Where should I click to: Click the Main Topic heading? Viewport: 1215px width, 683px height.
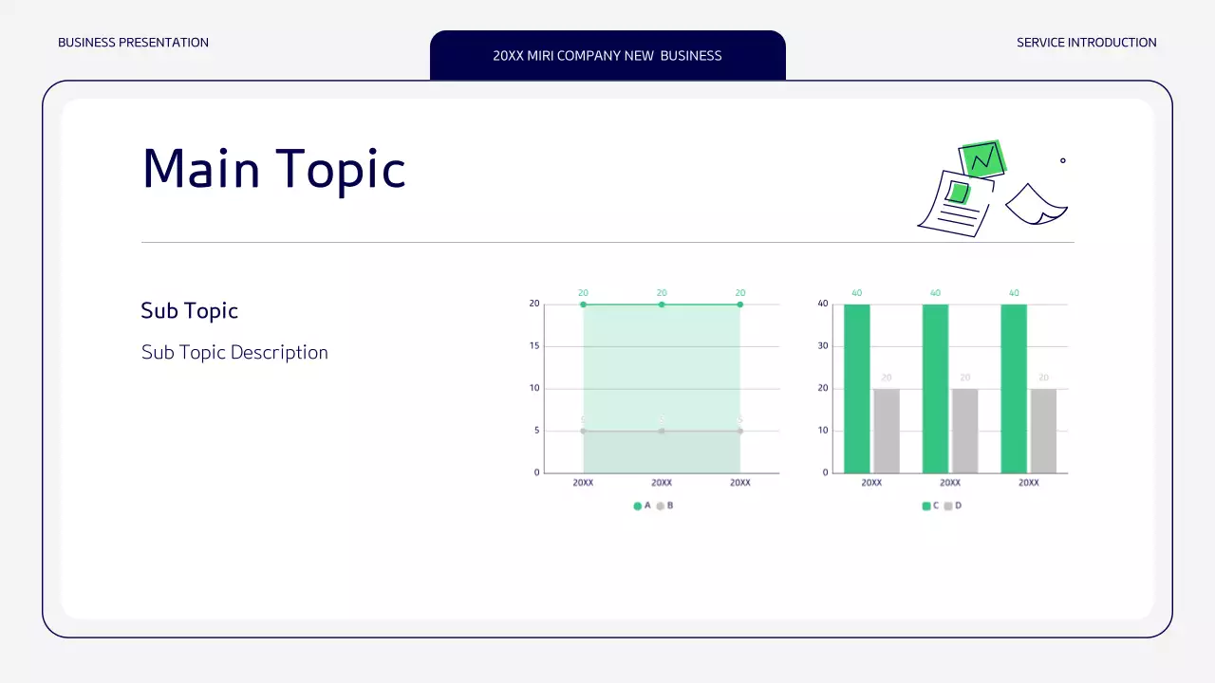273,169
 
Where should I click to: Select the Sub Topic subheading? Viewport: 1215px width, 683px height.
189,311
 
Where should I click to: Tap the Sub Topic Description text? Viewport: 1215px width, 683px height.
234,353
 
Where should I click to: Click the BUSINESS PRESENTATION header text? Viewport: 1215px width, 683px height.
133,43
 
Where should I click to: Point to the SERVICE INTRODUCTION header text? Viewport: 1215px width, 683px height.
1086,43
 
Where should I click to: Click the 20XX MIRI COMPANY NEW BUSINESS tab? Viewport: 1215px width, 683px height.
607,56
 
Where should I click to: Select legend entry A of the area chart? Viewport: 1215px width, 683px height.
643,506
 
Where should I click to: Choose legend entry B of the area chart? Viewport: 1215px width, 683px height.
664,506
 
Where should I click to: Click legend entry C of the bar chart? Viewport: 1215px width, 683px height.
930,506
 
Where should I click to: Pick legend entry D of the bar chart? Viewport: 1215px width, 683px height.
952,506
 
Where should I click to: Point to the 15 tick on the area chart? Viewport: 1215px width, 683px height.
534,346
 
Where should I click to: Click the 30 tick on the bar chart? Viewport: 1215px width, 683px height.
823,346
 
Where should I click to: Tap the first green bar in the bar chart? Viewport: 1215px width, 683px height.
857,388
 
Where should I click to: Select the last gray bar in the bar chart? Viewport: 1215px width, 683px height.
1043,431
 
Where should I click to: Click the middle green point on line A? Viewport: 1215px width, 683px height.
662,305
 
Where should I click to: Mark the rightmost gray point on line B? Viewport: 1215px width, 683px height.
739,431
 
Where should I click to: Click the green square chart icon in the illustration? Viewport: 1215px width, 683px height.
982,158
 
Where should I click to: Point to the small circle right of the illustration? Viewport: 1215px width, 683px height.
1062,160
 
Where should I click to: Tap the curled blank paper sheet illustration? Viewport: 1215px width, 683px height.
1036,205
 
